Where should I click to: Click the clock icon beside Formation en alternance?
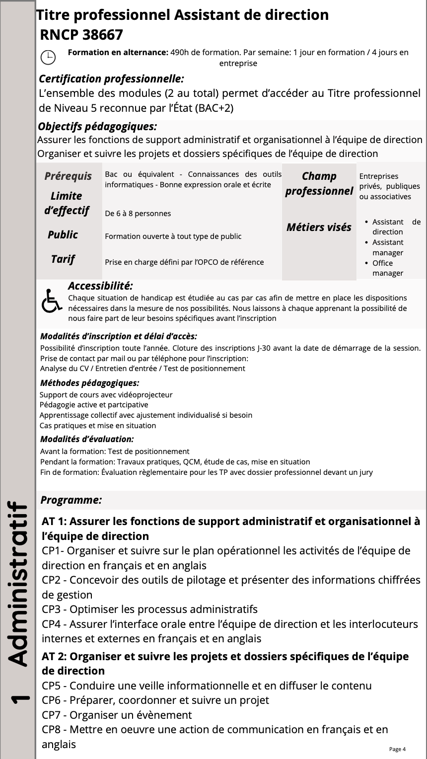pyautogui.click(x=48, y=58)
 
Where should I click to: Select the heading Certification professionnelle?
pyautogui.click(x=111, y=78)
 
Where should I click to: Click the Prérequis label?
pyautogui.click(x=68, y=176)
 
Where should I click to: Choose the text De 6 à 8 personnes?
pyautogui.click(x=138, y=214)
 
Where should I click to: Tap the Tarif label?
pyautogui.click(x=63, y=259)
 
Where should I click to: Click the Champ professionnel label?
pyautogui.click(x=319, y=183)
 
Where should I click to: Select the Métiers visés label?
pyautogui.click(x=319, y=227)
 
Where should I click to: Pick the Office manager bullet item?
pyautogui.click(x=387, y=268)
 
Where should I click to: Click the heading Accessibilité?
pyautogui.click(x=100, y=286)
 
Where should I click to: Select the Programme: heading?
pyautogui.click(x=71, y=500)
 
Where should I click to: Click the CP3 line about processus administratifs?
pyautogui.click(x=149, y=609)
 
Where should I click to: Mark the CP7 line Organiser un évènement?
pyautogui.click(x=117, y=715)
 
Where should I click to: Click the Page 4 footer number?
pyautogui.click(x=397, y=749)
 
